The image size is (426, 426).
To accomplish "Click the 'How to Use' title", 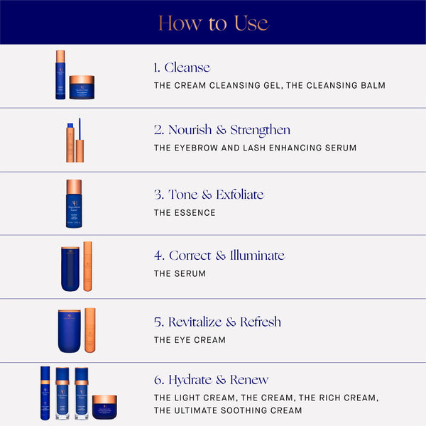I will pyautogui.click(x=213, y=23).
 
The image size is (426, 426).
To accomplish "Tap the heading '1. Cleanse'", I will pyautogui.click(x=182, y=67).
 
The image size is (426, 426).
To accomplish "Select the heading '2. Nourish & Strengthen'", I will pyautogui.click(x=222, y=130).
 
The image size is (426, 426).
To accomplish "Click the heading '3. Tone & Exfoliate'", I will pyautogui.click(x=209, y=195).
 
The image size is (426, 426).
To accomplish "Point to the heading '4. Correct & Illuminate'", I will pyautogui.click(x=219, y=256).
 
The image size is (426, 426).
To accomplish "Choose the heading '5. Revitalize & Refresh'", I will pyautogui.click(x=217, y=322).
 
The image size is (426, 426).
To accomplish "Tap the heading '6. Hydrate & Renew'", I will pyautogui.click(x=212, y=380).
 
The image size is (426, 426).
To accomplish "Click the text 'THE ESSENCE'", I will pyautogui.click(x=185, y=213).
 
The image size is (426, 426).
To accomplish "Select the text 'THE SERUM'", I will pyautogui.click(x=180, y=274).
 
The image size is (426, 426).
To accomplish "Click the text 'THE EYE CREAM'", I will pyautogui.click(x=190, y=340).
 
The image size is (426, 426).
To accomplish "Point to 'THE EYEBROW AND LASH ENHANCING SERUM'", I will pyautogui.click(x=255, y=148).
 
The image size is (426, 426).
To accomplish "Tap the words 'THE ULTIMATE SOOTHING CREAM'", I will pyautogui.click(x=227, y=411).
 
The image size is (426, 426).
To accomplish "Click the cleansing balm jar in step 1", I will pyautogui.click(x=82, y=87).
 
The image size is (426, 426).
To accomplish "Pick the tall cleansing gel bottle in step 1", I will pyautogui.click(x=60, y=75).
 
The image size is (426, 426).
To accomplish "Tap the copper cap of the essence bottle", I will pyautogui.click(x=74, y=187).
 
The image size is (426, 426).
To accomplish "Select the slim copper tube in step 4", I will pyautogui.click(x=88, y=266).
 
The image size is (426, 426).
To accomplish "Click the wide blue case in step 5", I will pyautogui.click(x=70, y=332).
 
